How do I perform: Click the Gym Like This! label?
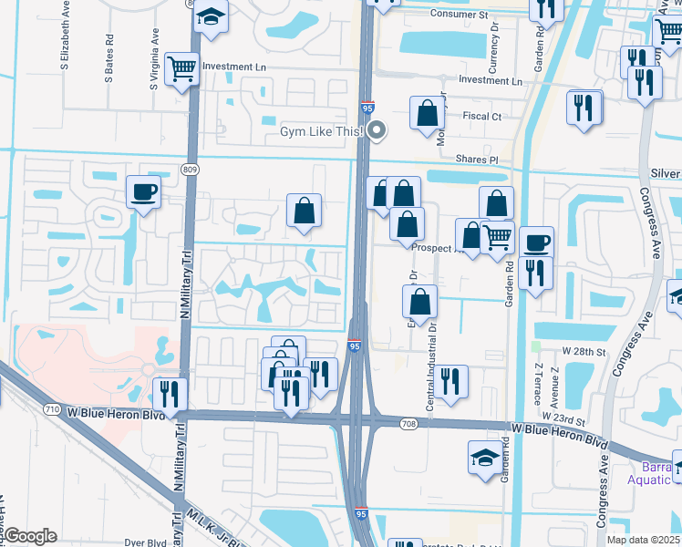[322, 132]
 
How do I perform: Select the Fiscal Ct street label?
[482, 117]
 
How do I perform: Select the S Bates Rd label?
[109, 60]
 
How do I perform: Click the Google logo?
[30, 535]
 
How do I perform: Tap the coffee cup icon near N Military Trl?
[144, 192]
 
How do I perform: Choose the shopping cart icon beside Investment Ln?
[182, 67]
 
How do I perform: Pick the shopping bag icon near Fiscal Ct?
[428, 116]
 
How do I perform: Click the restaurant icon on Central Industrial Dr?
[449, 382]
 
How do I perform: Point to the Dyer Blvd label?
[145, 542]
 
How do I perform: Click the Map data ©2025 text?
[643, 540]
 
